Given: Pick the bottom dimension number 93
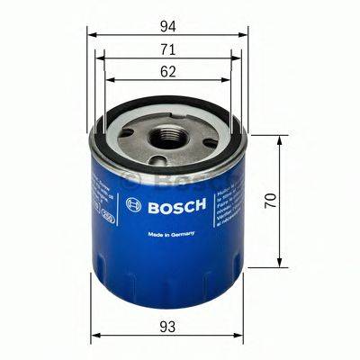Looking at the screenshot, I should (167, 326).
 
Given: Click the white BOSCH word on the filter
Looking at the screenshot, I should (176, 204).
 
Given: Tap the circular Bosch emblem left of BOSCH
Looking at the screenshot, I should (134, 205).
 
